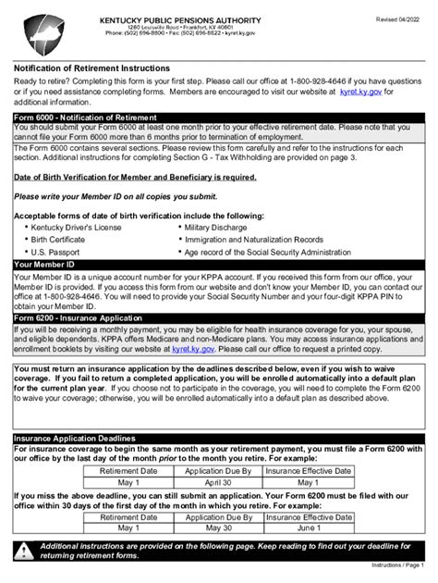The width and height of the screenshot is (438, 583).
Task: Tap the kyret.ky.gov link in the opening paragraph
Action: coord(363,92)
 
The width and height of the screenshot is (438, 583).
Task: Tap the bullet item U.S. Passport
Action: coord(57,251)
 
